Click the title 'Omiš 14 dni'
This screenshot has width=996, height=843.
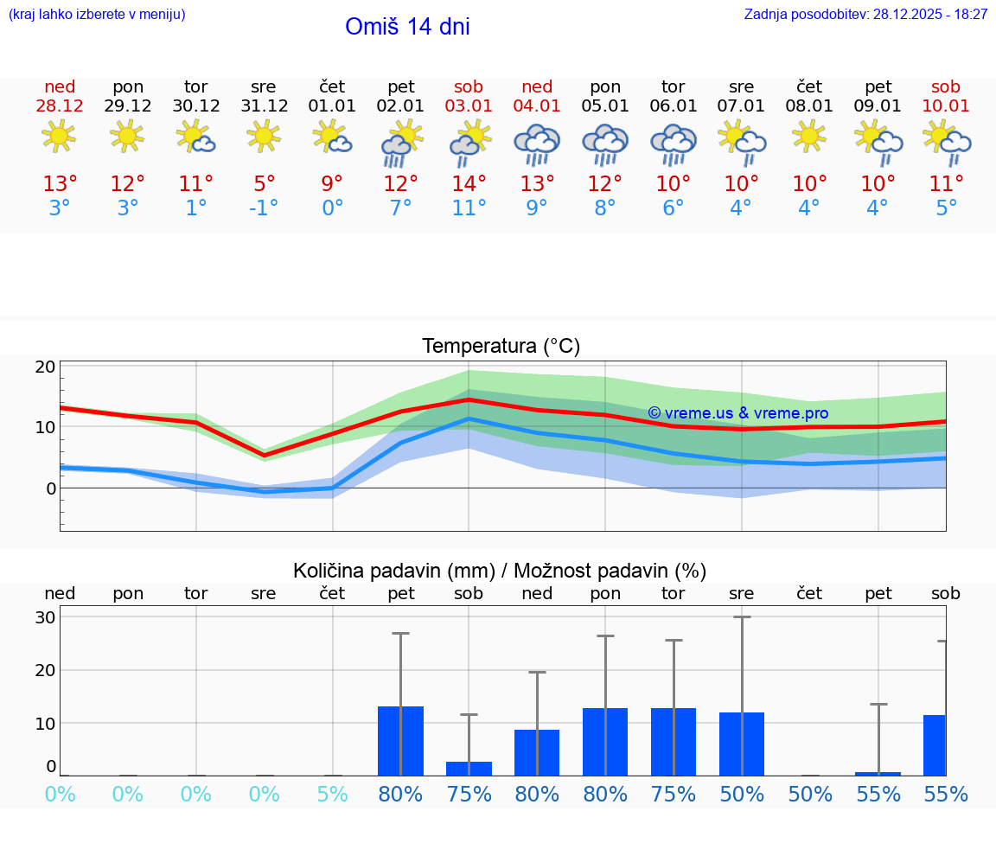(x=407, y=27)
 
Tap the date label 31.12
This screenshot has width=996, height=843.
(x=264, y=106)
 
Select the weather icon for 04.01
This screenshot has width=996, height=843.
(x=537, y=144)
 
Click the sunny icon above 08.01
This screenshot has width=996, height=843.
(x=809, y=137)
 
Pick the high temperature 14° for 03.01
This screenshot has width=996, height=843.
(x=469, y=184)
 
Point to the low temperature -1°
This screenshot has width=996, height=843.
(x=264, y=208)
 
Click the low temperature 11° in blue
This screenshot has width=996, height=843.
(x=469, y=208)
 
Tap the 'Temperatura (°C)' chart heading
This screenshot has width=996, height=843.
(x=501, y=347)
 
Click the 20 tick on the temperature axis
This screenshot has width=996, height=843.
(x=46, y=367)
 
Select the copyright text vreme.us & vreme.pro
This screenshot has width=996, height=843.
(x=737, y=413)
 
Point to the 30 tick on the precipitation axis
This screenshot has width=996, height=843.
(x=46, y=617)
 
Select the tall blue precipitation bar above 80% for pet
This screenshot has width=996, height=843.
(x=400, y=741)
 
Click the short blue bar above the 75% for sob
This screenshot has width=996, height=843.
(x=469, y=769)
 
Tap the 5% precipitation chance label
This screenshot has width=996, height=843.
(x=332, y=795)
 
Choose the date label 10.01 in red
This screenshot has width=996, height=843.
(x=946, y=106)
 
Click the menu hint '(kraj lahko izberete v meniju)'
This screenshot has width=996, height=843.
(x=97, y=15)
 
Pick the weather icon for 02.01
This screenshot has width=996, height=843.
(x=400, y=144)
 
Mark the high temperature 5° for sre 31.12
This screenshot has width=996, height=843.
(x=264, y=184)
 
